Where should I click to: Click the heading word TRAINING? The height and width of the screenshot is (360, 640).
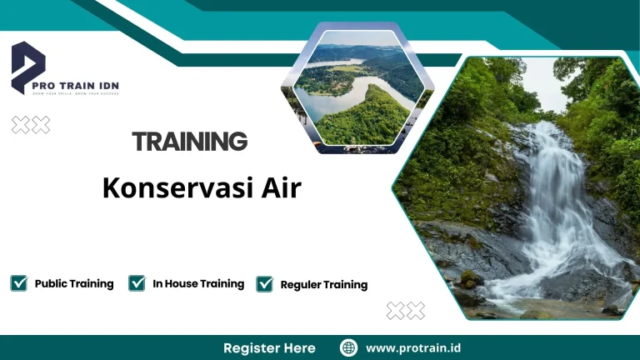pos(190,142)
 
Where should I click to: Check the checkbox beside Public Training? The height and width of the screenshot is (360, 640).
pos(18,283)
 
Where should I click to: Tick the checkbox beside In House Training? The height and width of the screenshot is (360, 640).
pos(137,283)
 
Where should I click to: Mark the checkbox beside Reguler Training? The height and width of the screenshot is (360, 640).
pos(265,284)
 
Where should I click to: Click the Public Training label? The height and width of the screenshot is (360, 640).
pos(74,283)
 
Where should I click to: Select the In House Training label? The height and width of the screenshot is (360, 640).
pos(198,283)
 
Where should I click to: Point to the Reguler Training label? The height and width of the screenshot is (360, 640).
pos(324,285)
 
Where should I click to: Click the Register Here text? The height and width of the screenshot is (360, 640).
pos(269,347)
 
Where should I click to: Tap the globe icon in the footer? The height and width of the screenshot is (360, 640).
pos(349,347)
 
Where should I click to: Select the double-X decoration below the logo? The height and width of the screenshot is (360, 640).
pos(31,125)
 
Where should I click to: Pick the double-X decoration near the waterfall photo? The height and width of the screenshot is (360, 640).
pos(406,311)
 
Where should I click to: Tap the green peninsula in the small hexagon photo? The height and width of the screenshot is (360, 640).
pos(367,117)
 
